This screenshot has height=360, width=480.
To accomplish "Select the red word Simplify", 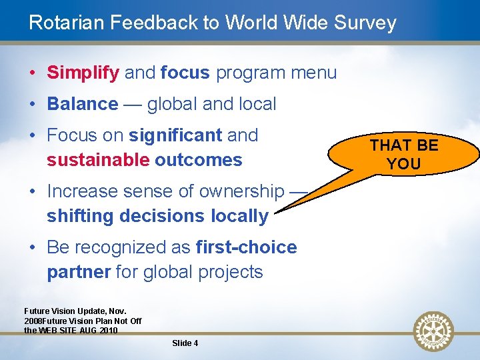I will [x=83, y=73].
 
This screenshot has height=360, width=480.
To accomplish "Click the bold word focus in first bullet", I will [x=185, y=73].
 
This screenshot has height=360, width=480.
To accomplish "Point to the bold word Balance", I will [x=82, y=104].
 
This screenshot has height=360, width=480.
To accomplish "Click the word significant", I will [x=175, y=135].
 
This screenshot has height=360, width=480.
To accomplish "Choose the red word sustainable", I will [x=98, y=160].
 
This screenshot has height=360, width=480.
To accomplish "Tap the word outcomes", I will [x=198, y=160].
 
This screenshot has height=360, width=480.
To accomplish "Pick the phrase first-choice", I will [x=247, y=247].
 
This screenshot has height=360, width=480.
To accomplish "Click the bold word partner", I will [x=79, y=272].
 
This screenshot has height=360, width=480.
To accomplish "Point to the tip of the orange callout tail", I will [x=275, y=213].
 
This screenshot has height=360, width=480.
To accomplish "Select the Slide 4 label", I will [x=185, y=343].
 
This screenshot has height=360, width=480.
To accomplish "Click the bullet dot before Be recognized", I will [x=33, y=248].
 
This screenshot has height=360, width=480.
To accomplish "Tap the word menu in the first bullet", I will [x=313, y=73].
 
